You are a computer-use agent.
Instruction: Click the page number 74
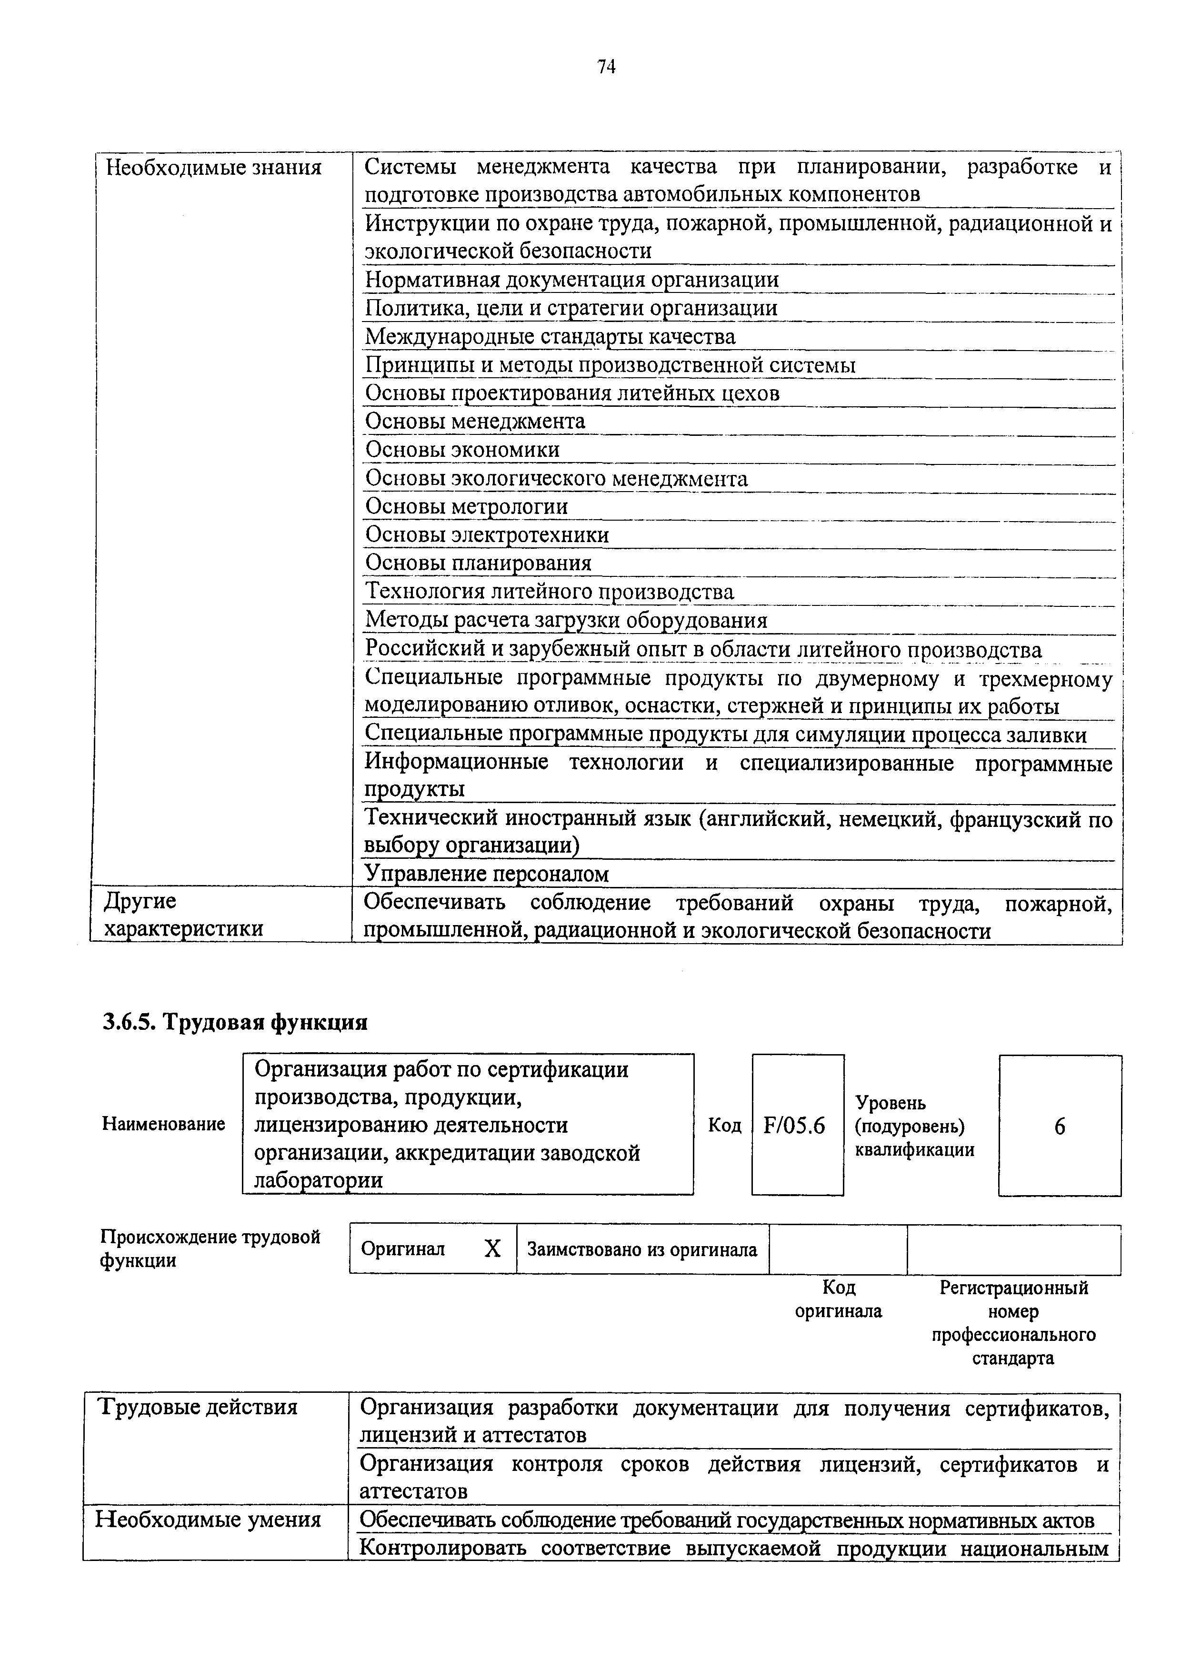coord(606,67)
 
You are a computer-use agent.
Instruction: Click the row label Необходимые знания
coord(213,169)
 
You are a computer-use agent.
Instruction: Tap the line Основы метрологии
coord(466,506)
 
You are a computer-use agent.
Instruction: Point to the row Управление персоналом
coord(486,873)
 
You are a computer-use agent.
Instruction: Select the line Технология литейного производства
coord(550,592)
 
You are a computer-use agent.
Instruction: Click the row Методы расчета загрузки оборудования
coord(566,620)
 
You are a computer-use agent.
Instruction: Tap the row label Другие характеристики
coord(183,916)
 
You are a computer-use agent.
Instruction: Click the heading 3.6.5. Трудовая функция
coord(235,1023)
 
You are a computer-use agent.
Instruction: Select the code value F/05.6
coord(795,1127)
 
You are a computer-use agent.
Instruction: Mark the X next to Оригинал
coord(492,1249)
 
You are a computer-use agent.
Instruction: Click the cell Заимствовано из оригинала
coord(642,1249)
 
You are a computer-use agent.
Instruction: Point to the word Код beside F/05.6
coord(724,1126)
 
